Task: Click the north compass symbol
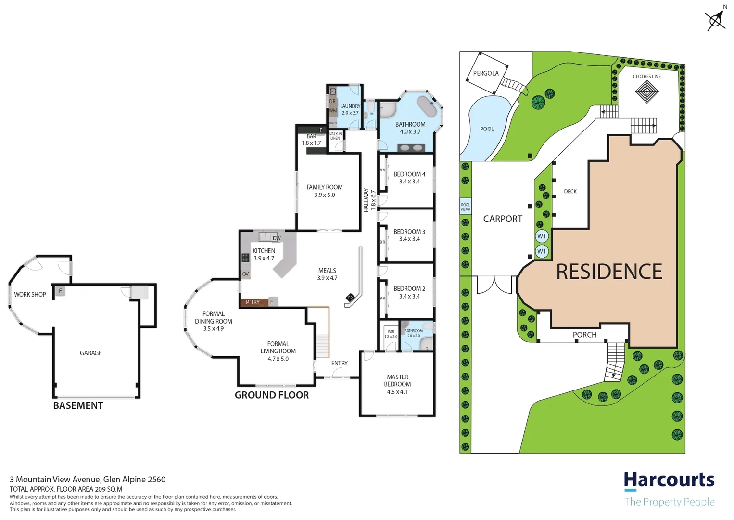coord(715,20)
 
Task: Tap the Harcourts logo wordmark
coord(669,481)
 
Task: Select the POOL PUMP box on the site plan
coord(465,207)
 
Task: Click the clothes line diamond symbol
coord(646,91)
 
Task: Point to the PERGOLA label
coord(486,73)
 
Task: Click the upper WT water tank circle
coord(542,236)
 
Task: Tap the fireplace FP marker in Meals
coord(350,298)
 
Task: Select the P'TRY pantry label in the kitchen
coord(253,302)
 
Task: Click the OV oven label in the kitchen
coord(245,274)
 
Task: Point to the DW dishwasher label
coord(277,238)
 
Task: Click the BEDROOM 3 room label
coord(409,232)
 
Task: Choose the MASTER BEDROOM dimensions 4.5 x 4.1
coord(397,392)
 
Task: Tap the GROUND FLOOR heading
coord(272,395)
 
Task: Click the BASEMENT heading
coord(78,406)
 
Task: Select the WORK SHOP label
coord(30,294)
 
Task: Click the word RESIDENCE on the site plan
coord(609,272)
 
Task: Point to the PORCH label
coord(584,335)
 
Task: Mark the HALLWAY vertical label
coord(366,200)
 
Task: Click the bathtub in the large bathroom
coord(427,106)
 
